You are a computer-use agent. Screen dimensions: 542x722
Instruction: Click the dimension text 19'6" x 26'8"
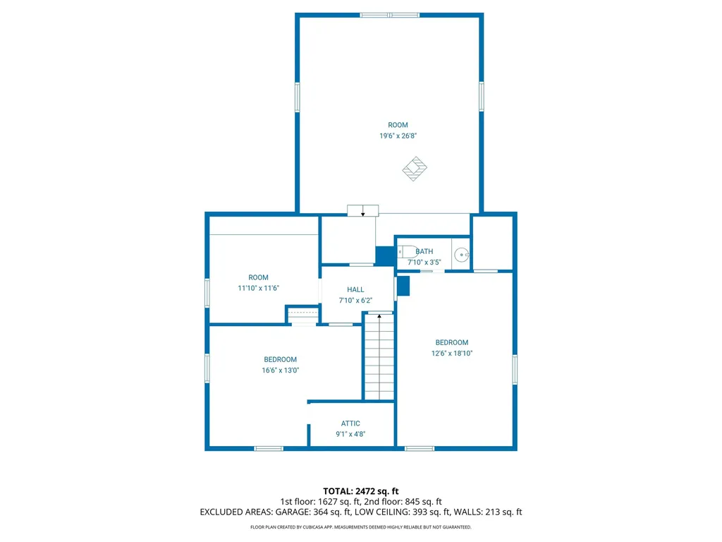pos(398,136)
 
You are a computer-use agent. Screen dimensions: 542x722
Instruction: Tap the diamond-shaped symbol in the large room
pos(415,169)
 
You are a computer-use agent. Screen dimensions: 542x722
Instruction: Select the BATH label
pos(424,251)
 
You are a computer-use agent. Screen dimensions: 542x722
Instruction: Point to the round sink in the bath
pos(461,255)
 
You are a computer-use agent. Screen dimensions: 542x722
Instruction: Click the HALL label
pos(355,289)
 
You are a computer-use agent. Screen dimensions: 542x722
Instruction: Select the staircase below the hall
pos(379,356)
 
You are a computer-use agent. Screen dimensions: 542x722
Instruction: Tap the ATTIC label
pos(350,423)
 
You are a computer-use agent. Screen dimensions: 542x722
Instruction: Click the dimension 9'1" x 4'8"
pos(350,435)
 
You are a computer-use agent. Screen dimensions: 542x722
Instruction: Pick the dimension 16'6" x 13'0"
pos(281,371)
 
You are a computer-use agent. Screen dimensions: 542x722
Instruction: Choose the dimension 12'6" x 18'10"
pos(451,354)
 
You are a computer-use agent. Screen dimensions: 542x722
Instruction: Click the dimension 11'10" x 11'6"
pos(259,288)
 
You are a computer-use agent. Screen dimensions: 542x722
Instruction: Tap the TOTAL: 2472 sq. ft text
pos(361,490)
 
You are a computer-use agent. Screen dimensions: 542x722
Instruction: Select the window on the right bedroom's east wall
pos(515,370)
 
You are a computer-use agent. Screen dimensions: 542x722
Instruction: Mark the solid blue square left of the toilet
pos(385,255)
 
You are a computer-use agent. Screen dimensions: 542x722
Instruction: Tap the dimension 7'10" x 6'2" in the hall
pos(355,301)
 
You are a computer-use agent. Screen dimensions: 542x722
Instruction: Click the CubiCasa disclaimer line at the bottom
pos(361,527)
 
